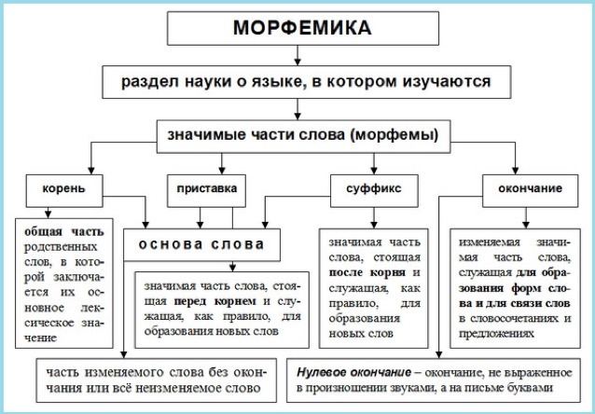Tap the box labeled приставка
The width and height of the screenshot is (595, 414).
(x=206, y=189)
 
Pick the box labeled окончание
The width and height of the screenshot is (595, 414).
(x=521, y=189)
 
